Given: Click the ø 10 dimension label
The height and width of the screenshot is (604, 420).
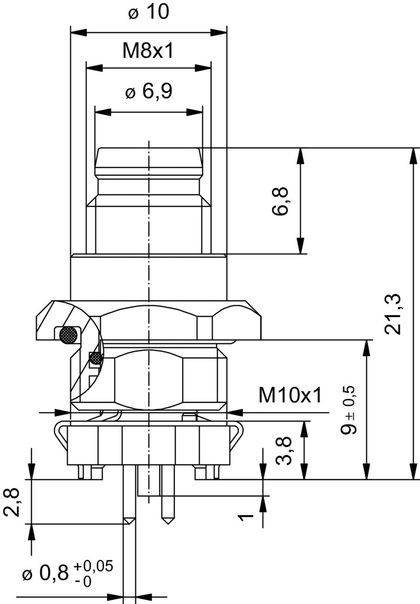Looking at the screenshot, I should (x=149, y=12).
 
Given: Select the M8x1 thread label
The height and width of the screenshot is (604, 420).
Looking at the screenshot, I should (x=148, y=51).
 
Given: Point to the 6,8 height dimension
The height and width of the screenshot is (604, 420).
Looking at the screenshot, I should (x=281, y=202).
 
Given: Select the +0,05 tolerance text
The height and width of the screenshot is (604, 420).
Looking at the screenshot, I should (x=93, y=566).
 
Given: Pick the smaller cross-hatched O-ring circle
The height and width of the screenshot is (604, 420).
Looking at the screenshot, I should (x=96, y=358).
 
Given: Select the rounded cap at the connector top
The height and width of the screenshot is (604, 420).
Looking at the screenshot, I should (x=148, y=156).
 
